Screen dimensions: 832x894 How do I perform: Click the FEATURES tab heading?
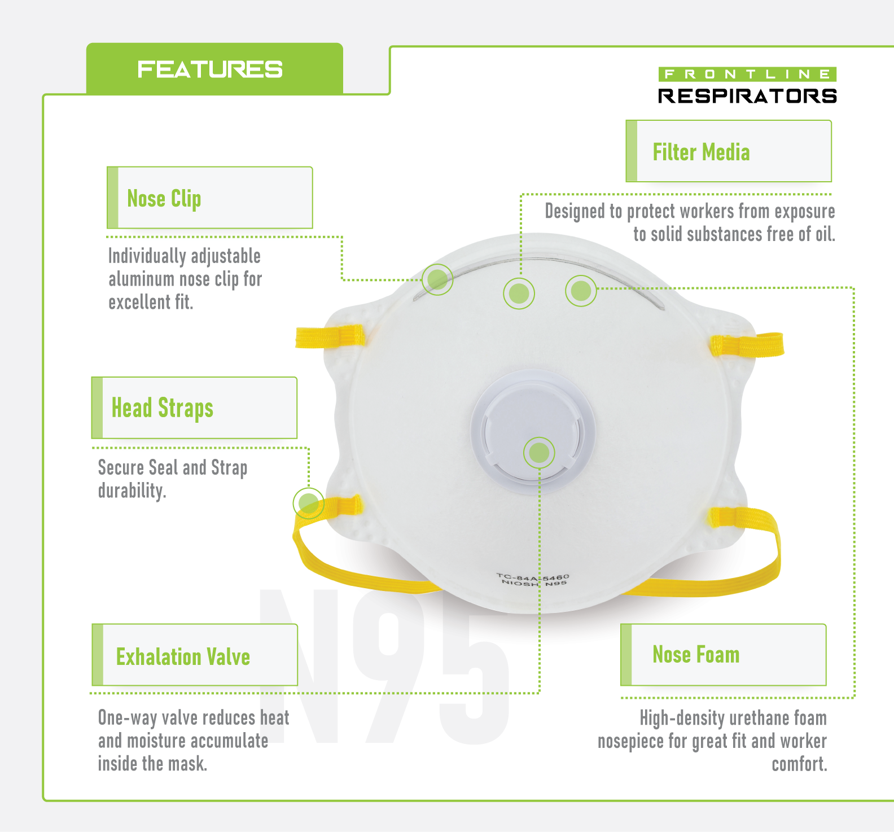[x=210, y=69]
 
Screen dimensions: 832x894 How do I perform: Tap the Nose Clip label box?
[x=209, y=198]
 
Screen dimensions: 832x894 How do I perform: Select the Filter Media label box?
[x=728, y=151]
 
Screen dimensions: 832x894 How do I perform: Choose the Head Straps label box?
[x=194, y=408]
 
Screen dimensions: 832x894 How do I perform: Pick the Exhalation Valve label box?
[x=195, y=655]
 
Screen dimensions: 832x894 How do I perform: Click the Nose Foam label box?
[x=723, y=655]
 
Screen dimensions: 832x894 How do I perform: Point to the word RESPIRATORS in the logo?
[x=747, y=96]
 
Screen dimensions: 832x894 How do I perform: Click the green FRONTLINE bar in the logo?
[x=747, y=74]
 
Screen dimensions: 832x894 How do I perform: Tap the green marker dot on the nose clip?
[x=437, y=279]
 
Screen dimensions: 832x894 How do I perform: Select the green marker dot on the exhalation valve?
[x=539, y=453]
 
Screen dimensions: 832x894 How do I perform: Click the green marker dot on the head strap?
[x=308, y=503]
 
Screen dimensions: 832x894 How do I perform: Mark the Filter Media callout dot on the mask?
[x=519, y=293]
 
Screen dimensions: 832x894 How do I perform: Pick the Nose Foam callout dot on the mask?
[x=581, y=291]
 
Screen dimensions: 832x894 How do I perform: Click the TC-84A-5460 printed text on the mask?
[x=533, y=577]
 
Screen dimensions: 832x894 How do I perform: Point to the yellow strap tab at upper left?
[x=330, y=336]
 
